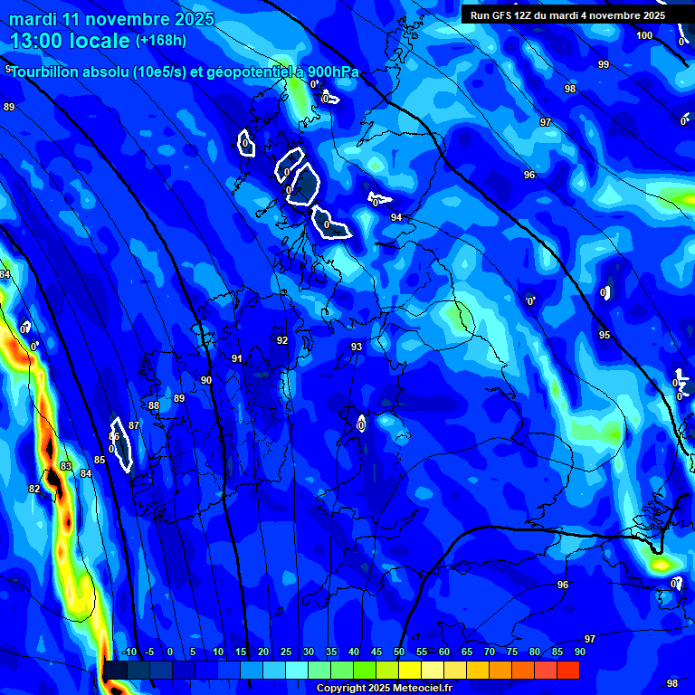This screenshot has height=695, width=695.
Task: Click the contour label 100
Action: click(x=644, y=35)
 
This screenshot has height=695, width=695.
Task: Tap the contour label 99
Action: click(x=604, y=64)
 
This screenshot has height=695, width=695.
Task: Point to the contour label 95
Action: click(x=605, y=335)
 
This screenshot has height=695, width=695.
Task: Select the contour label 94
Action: click(x=396, y=218)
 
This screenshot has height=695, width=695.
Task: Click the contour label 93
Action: click(x=357, y=347)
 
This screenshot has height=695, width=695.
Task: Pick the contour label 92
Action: click(x=282, y=340)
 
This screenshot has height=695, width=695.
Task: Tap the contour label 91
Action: click(x=237, y=358)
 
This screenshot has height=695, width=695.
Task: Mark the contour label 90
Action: click(x=206, y=380)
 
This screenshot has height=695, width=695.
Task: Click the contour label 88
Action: click(x=154, y=405)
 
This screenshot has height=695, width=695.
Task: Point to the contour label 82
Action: click(x=34, y=489)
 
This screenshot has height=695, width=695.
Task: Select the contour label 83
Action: click(x=65, y=466)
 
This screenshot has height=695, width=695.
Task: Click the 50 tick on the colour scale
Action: click(x=399, y=652)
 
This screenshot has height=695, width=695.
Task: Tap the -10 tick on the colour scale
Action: click(x=129, y=652)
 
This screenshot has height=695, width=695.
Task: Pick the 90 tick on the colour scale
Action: click(x=579, y=652)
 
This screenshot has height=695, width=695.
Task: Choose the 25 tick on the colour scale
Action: click(x=286, y=652)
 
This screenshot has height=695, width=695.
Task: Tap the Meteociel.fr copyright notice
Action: click(x=384, y=688)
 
